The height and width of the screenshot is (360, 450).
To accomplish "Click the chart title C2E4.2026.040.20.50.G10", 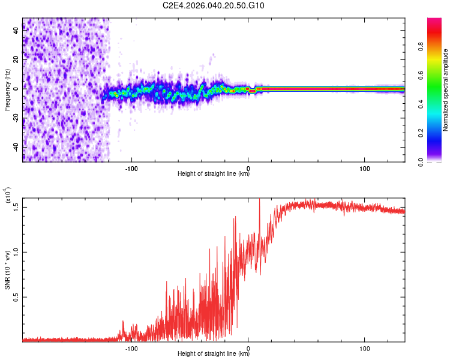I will (214, 6).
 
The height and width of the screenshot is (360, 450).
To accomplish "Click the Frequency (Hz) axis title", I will (8, 89).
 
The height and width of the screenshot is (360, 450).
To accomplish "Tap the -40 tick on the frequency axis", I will (16, 147).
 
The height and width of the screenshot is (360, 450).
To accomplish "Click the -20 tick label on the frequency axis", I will (16, 118).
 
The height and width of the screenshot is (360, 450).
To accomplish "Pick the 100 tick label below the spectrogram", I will (365, 168).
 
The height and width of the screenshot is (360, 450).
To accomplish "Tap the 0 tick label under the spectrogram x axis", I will (248, 168).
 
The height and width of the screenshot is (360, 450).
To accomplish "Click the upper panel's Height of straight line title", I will (214, 175).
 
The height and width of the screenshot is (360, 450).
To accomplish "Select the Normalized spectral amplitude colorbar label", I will (446, 90).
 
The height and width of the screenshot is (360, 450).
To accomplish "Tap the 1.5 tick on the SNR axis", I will (16, 206).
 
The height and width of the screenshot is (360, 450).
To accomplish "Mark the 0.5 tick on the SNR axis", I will (16, 296).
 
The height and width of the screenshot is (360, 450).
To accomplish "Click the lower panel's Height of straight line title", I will (214, 355).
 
